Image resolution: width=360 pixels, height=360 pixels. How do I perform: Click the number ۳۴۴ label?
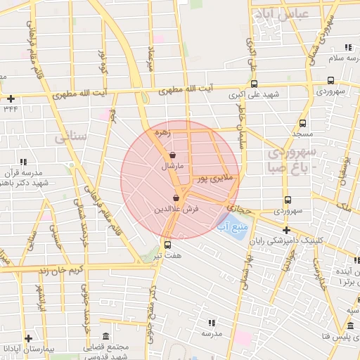coord(11,108)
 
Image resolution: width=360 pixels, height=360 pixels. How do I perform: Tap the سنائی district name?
coord(69,137)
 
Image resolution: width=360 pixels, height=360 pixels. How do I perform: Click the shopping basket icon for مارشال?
coord(172,155)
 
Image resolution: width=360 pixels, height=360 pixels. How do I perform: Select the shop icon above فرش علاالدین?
coord(176,198)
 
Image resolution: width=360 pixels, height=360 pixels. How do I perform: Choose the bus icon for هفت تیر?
coord(167,245)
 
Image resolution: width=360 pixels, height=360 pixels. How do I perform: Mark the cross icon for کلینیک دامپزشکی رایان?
coord(286,230)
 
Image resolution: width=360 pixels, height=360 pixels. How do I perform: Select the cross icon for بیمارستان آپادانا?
coord(27,338)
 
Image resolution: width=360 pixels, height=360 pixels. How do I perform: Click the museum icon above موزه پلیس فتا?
coord(350,326)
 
